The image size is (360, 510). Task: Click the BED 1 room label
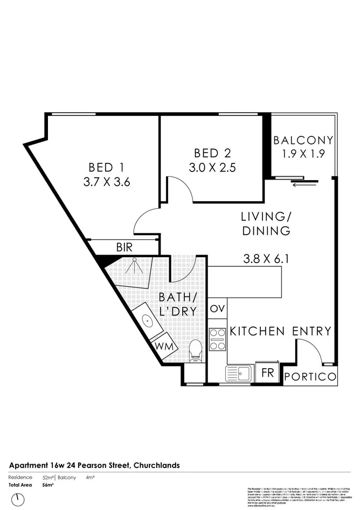click(107, 167)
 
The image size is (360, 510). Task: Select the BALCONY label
click(303, 141)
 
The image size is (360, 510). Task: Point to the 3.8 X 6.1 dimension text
click(266, 259)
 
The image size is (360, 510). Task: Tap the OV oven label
click(217, 309)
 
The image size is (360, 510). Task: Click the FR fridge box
click(267, 373)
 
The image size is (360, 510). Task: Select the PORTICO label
click(310, 377)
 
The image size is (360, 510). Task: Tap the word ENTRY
click(312, 331)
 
